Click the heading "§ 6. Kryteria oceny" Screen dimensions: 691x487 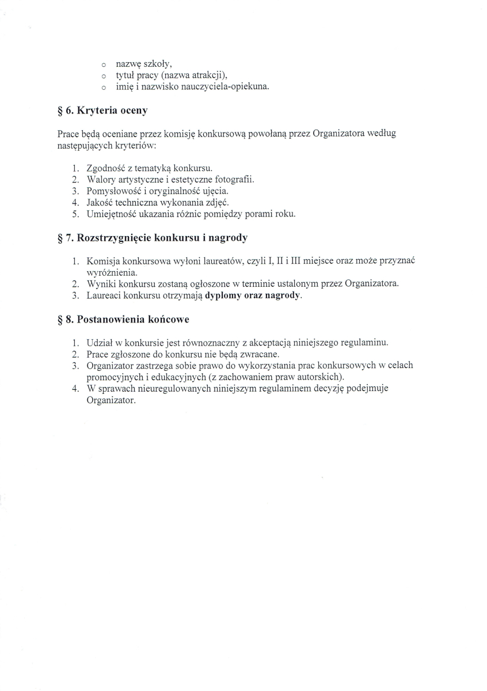(102, 110)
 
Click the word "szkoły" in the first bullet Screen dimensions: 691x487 (157, 64)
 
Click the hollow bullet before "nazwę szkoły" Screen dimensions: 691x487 (104, 64)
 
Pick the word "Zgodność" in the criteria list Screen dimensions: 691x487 (104, 168)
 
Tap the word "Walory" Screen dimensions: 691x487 (100, 180)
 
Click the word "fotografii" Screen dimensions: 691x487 (234, 180)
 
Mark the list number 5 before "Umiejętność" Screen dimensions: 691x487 (75, 214)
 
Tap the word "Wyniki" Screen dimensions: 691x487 (100, 284)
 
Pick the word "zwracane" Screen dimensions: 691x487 (261, 354)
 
